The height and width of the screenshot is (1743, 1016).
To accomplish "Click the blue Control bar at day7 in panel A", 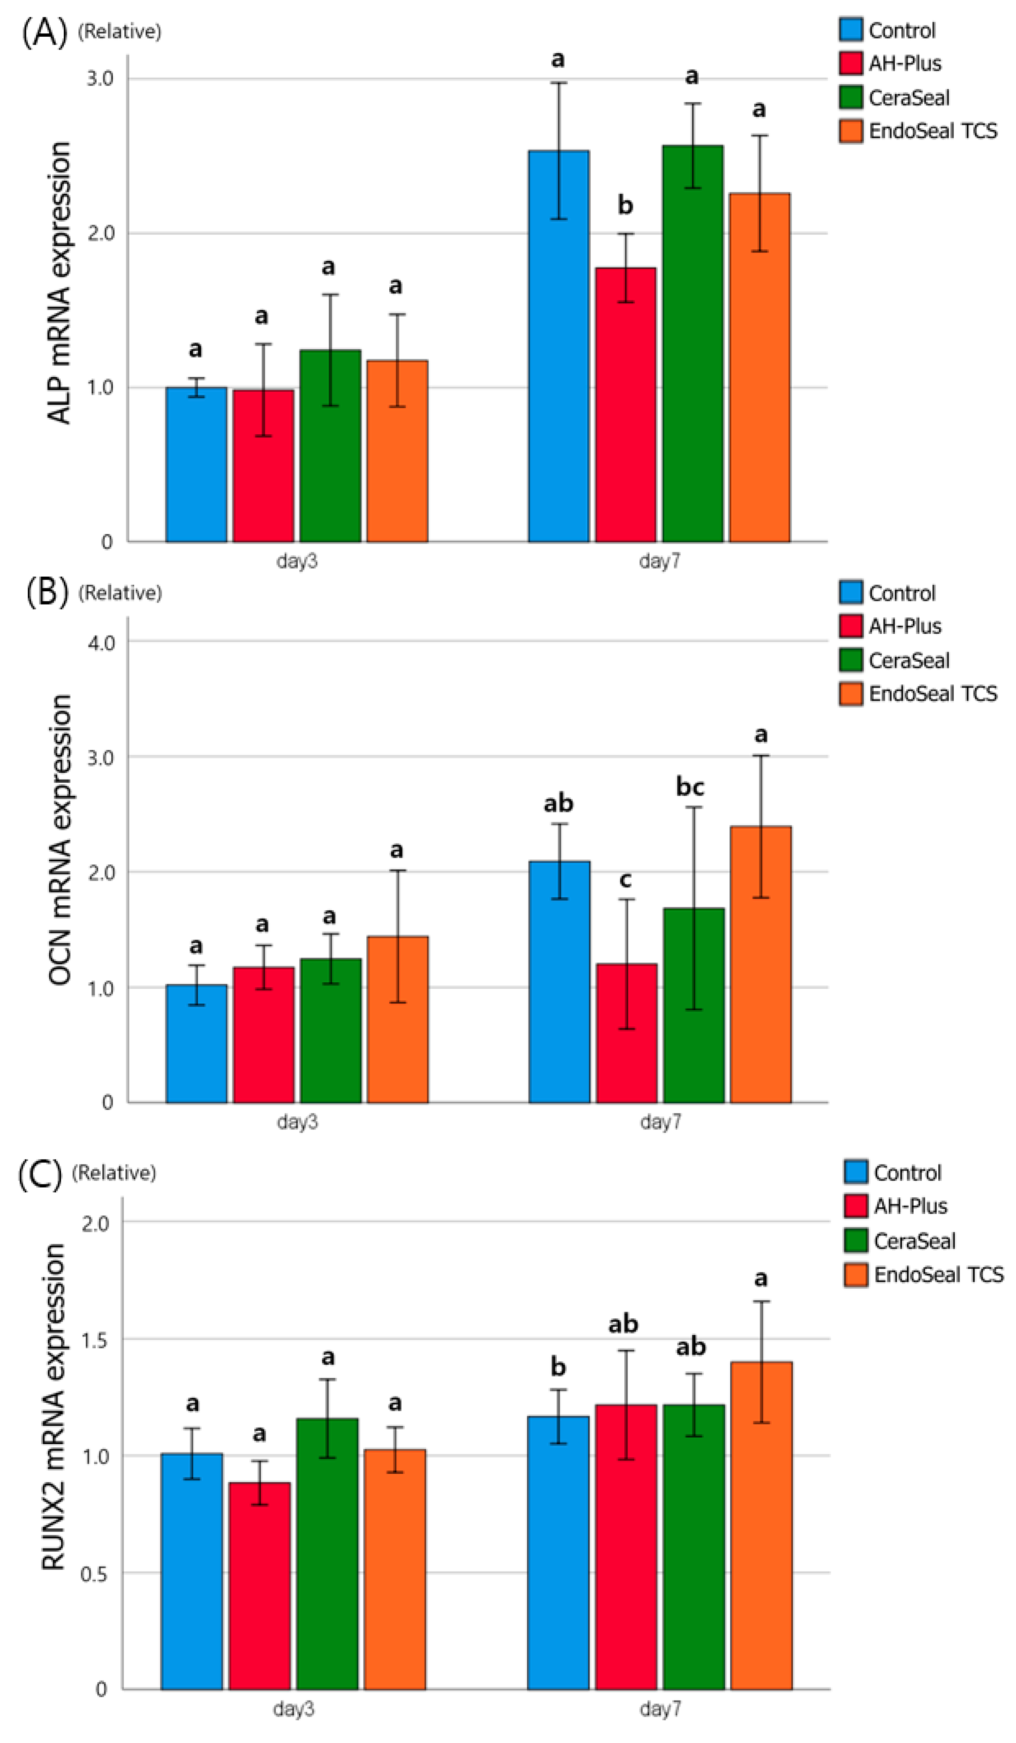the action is coord(558,346).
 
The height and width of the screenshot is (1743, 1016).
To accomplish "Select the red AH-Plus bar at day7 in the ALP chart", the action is coord(625,405).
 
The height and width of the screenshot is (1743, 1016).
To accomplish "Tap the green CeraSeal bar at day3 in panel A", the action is coord(330,446).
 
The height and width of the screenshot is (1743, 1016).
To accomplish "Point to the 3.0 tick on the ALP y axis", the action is coord(100,78).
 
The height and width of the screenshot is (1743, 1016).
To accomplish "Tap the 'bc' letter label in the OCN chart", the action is coord(690,787).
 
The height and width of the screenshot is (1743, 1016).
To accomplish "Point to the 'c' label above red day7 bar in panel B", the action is coord(625,880).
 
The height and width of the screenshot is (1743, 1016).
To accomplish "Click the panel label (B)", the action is coord(47,593).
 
